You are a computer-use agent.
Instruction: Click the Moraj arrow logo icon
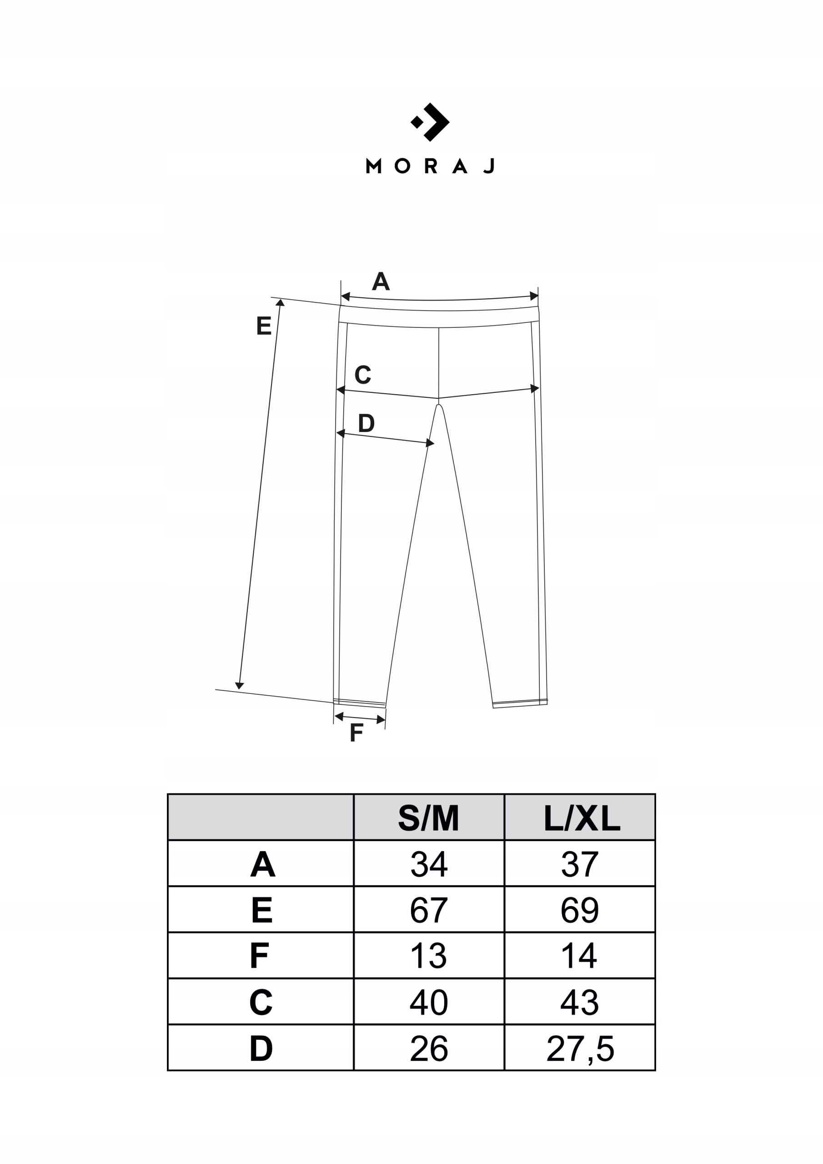coord(430,122)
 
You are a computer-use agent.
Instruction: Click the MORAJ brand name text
coord(430,166)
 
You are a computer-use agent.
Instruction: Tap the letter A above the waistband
coord(381,281)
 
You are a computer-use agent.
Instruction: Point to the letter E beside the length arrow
coord(264,326)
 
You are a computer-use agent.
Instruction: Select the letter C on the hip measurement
coord(363,375)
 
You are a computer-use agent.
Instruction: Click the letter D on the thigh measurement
coord(366,423)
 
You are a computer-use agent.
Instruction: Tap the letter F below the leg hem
coord(356,732)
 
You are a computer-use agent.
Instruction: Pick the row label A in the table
coord(263,864)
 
